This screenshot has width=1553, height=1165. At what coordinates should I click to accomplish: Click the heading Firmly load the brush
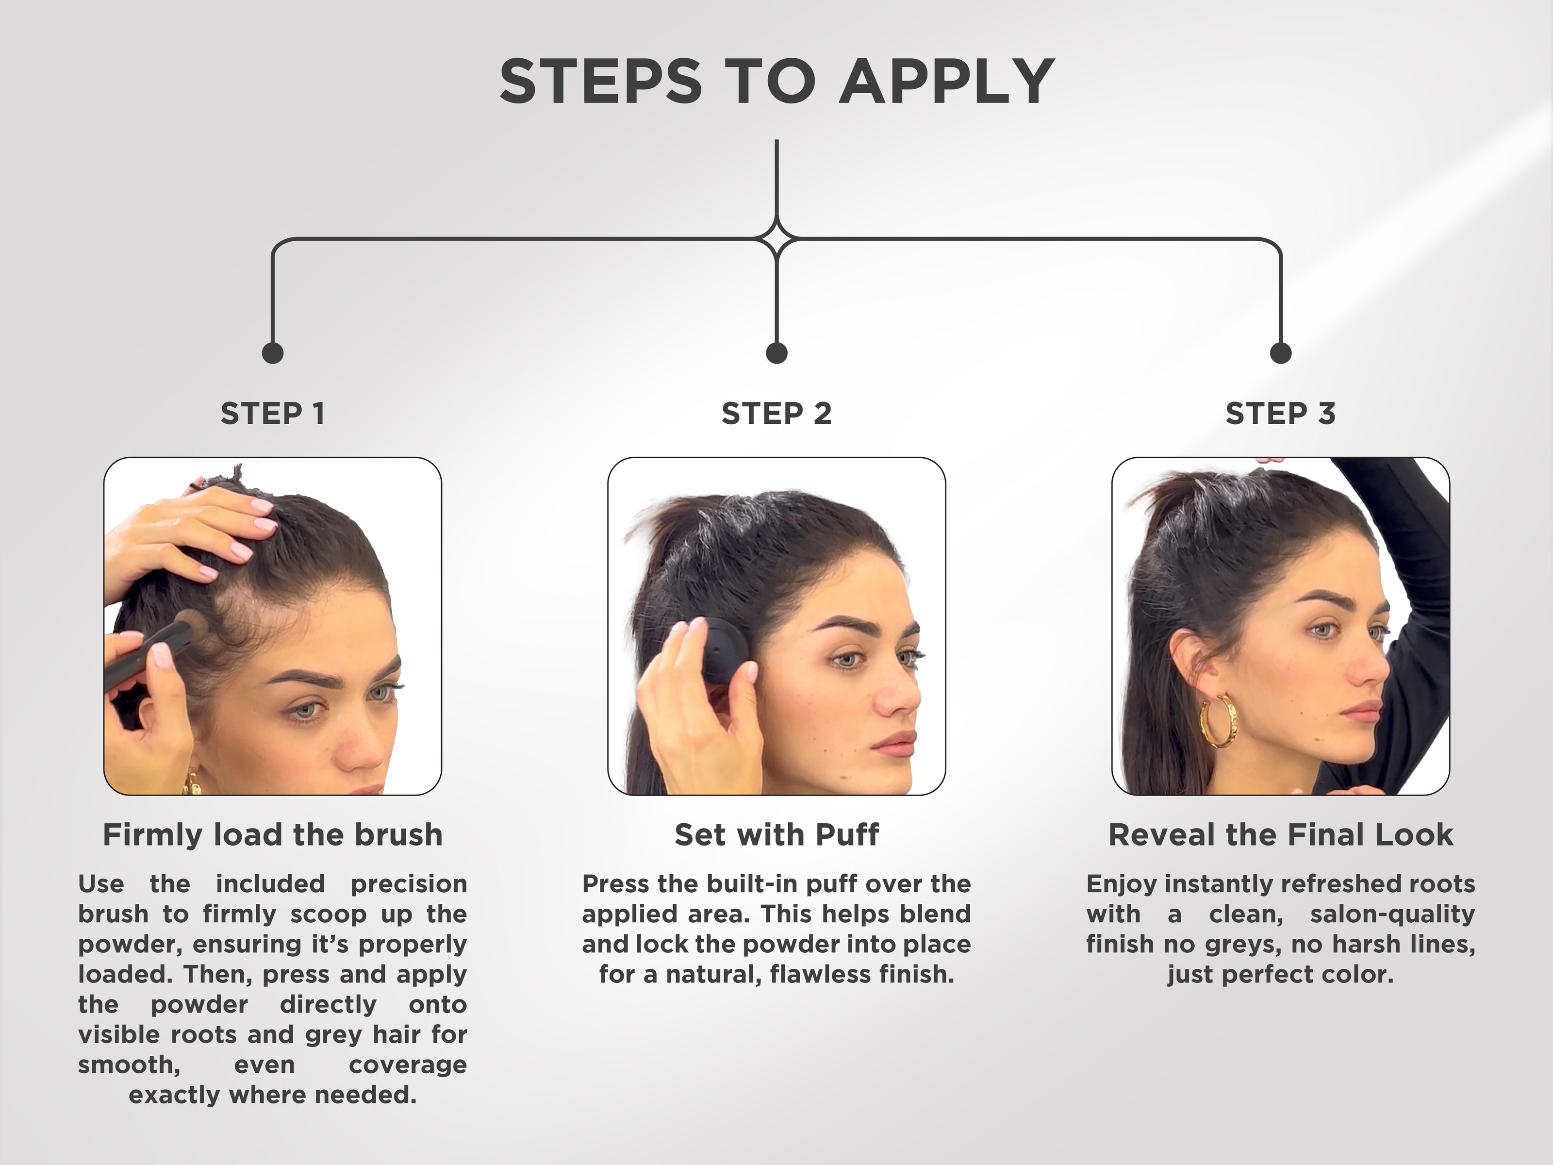(x=272, y=835)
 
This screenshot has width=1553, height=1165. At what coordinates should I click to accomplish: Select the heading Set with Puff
(x=776, y=835)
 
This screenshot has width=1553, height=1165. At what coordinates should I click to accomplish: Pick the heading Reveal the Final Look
(x=1281, y=835)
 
